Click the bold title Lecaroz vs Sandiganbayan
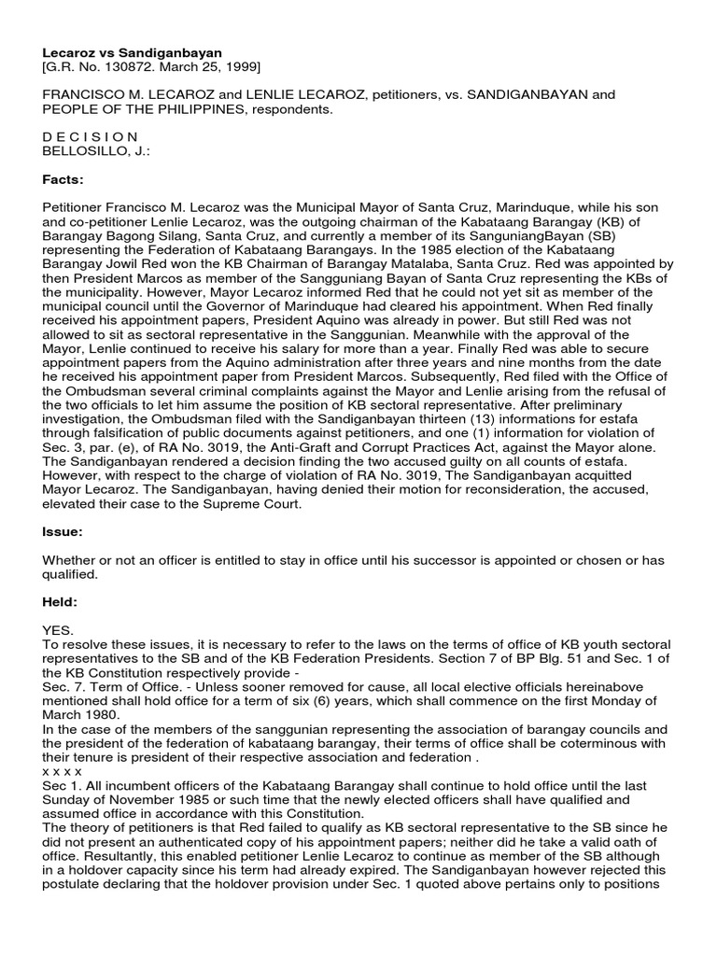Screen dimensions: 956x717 click(x=132, y=54)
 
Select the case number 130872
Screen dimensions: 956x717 click(x=119, y=68)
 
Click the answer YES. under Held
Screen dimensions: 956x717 click(x=58, y=631)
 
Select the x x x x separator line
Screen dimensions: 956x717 click(x=63, y=772)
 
